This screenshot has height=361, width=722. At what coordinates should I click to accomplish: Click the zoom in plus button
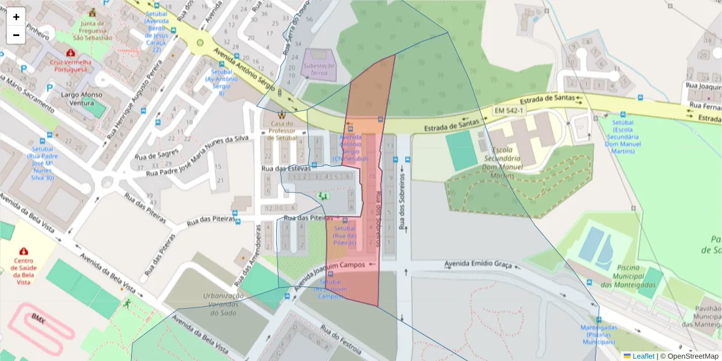pos(16,17)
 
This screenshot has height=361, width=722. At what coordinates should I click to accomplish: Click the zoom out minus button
pos(16,35)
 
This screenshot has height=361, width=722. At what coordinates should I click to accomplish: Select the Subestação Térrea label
pos(319,69)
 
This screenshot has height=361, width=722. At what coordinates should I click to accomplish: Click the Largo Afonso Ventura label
pos(82,99)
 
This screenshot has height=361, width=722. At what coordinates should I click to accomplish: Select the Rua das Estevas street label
pos(286,168)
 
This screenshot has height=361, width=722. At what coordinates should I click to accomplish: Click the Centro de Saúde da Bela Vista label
pos(23,271)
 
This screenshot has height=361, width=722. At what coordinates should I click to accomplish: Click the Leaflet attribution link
pos(643,356)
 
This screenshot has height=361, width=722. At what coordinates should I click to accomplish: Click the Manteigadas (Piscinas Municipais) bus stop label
pos(598,335)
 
